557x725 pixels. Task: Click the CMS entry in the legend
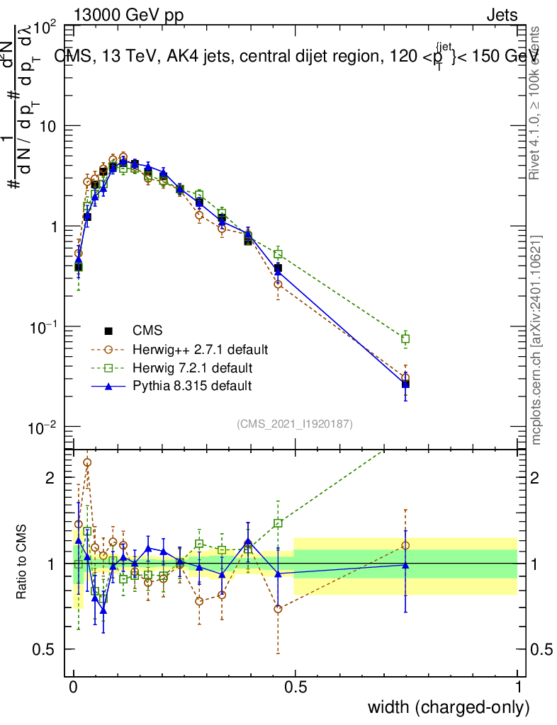pyautogui.click(x=147, y=330)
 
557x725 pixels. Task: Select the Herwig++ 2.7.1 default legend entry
pyautogui.click(x=200, y=349)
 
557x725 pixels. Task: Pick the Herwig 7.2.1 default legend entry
pyautogui.click(x=192, y=367)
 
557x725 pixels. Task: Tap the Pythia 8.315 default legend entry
pyautogui.click(x=191, y=386)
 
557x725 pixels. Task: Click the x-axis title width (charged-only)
pyautogui.click(x=449, y=707)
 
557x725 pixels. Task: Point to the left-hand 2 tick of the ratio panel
pyautogui.click(x=50, y=478)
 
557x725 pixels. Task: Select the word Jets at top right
pyautogui.click(x=502, y=16)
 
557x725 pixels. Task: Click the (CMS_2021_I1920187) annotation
pyautogui.click(x=295, y=423)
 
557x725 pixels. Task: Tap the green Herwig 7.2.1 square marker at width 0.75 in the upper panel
pyautogui.click(x=405, y=339)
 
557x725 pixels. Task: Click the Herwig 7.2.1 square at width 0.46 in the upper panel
pyautogui.click(x=278, y=253)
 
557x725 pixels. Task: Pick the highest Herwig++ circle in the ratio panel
pyautogui.click(x=87, y=462)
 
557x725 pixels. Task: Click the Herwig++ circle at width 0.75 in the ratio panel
pyautogui.click(x=405, y=545)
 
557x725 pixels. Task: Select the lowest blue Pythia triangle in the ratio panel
pyautogui.click(x=103, y=610)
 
